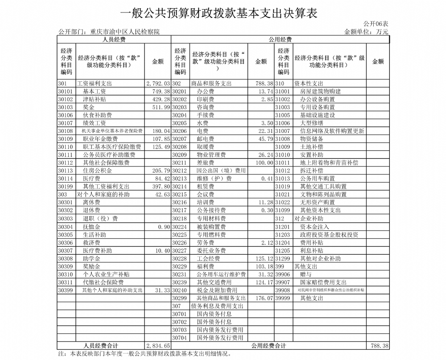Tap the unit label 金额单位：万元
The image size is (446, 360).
tap(366, 32)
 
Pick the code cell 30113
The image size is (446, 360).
tap(65, 171)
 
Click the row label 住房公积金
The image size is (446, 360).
tap(97, 171)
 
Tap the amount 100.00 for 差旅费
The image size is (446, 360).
tap(263, 163)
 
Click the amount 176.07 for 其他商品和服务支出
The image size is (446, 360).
tap(263, 298)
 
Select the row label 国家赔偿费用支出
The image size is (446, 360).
tap(323, 282)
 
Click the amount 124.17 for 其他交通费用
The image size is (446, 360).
tap(263, 282)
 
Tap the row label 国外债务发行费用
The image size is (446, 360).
tap(220, 338)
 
